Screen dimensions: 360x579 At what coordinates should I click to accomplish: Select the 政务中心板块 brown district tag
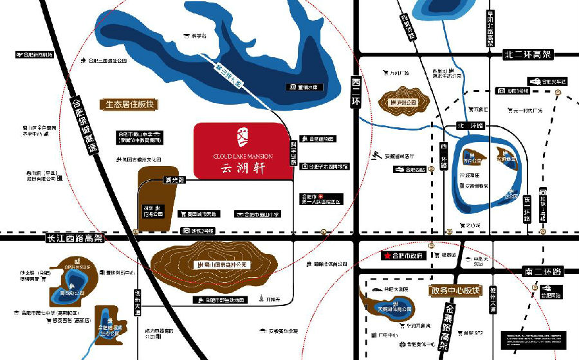pos(455,291)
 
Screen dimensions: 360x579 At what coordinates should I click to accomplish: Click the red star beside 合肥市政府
pos(387,255)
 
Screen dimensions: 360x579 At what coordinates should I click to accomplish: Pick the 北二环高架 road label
pos(527,55)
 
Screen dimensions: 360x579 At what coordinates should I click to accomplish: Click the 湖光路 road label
pos(174,179)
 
